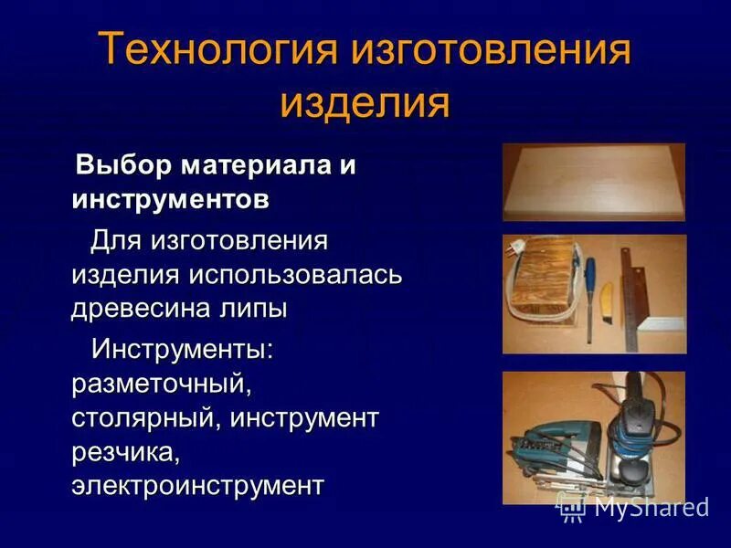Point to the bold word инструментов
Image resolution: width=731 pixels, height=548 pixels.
click(x=171, y=200)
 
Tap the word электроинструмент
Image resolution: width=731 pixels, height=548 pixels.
click(x=197, y=484)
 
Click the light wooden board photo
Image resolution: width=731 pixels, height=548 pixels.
click(x=593, y=180)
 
